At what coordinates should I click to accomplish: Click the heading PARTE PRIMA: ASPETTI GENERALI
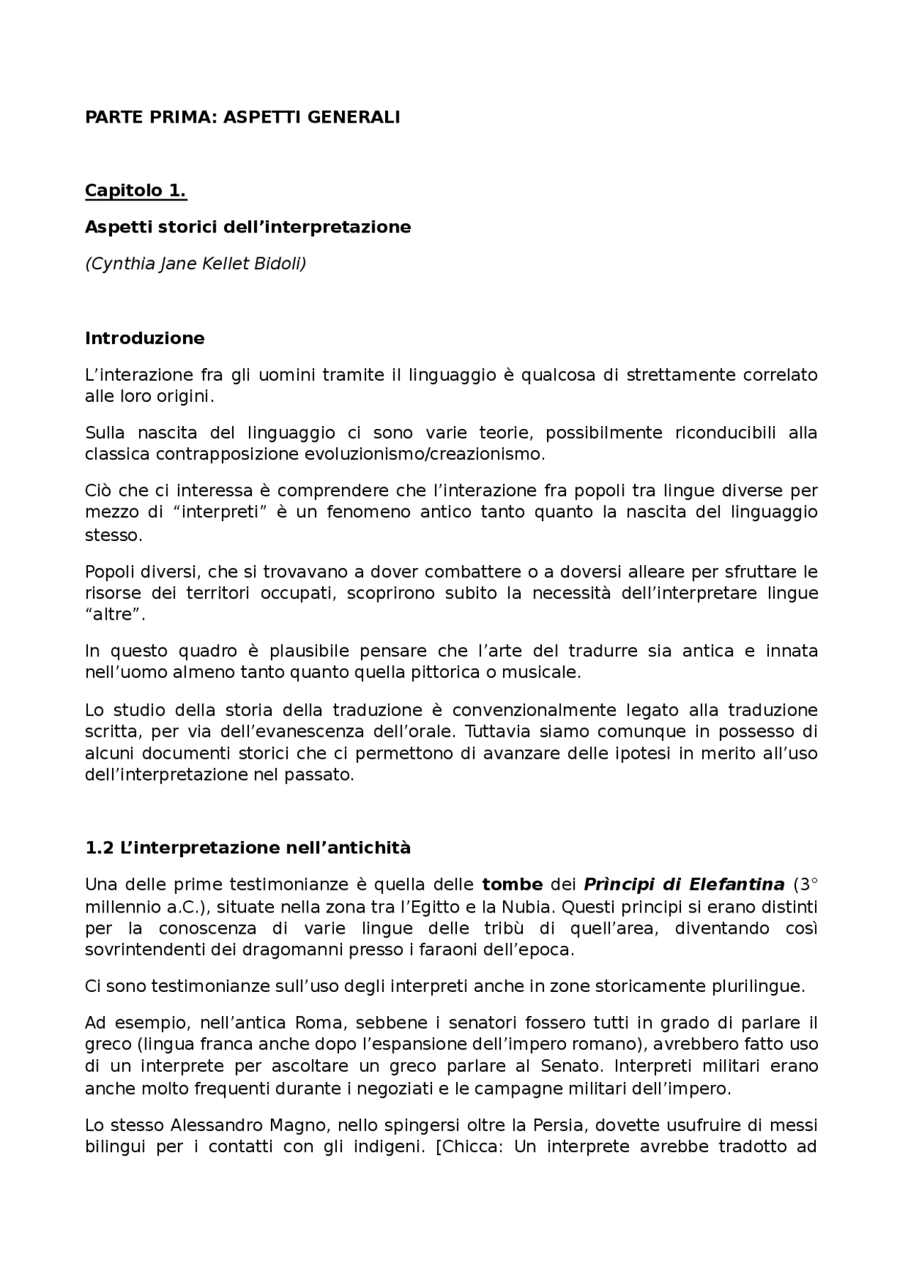click(243, 117)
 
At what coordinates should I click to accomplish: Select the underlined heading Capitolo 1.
click(135, 191)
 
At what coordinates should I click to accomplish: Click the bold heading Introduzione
click(145, 338)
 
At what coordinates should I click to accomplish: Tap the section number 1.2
click(99, 848)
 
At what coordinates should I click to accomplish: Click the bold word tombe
click(512, 885)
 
